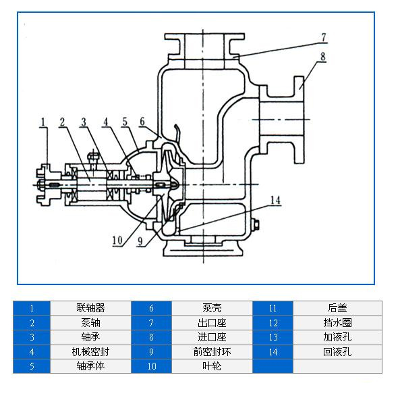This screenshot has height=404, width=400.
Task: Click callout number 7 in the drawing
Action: (324, 37)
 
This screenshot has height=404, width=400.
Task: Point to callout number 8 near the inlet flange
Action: (323, 57)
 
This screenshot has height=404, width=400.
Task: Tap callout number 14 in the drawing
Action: (275, 200)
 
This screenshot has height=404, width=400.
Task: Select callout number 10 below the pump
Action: (117, 241)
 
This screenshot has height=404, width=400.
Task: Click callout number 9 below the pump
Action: (140, 241)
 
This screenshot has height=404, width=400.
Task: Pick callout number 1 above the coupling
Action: (43, 122)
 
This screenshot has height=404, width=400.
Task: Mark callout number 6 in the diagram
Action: (142, 122)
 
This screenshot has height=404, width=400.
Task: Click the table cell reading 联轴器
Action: (90, 308)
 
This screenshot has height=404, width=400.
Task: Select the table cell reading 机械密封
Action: (90, 352)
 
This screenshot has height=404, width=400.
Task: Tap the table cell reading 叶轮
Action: (212, 366)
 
